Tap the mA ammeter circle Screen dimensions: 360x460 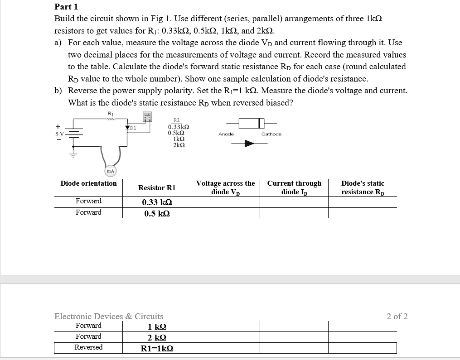tap(110, 171)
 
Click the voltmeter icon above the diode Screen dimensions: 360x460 tap(148, 117)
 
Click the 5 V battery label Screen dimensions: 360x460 tap(59, 134)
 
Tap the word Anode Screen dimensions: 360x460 tap(226, 134)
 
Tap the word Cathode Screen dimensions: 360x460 tap(271, 134)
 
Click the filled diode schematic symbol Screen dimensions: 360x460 tap(249, 144)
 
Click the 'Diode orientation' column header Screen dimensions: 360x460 tap(88, 183)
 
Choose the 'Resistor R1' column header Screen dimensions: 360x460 tap(157, 187)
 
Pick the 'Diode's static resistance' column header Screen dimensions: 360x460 tap(363, 187)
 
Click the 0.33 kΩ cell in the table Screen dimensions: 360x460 tap(157, 202)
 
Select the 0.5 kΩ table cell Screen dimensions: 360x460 tap(157, 214)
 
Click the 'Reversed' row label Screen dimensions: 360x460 tap(88, 347)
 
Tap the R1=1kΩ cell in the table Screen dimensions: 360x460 tap(157, 348)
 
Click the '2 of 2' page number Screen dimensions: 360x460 tap(397, 317)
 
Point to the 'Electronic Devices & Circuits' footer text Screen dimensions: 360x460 tap(109, 317)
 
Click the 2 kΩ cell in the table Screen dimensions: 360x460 tap(157, 337)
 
